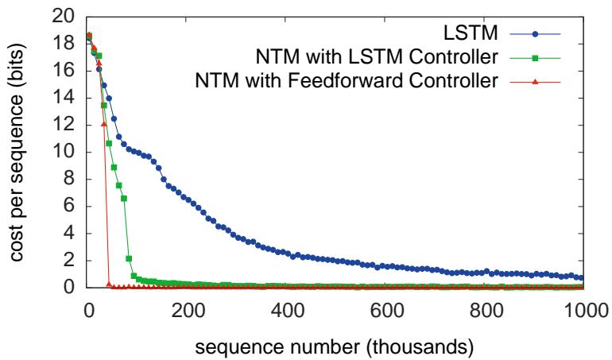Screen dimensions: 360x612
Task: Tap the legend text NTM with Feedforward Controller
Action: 358,80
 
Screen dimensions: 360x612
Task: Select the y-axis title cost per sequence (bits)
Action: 17,152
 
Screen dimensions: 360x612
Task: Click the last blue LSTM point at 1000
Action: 581,278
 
